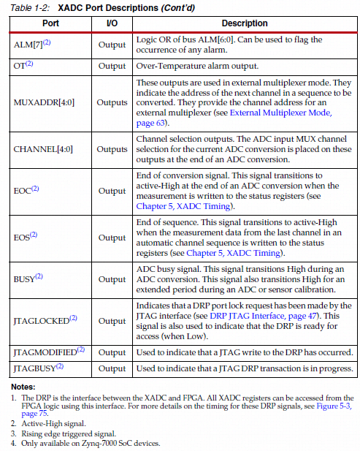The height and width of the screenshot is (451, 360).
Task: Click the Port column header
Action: (50, 23)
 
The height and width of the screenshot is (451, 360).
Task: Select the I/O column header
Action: (112, 23)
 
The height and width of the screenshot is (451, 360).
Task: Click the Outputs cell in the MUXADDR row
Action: (112, 102)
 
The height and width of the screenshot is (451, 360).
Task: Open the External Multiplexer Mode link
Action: (280, 113)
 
